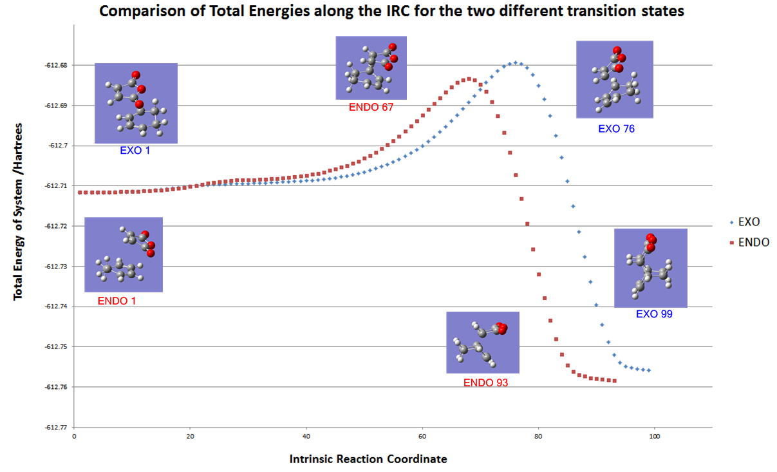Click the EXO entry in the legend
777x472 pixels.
coord(749,222)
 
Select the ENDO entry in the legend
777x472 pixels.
coord(753,243)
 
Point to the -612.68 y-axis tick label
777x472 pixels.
coord(56,65)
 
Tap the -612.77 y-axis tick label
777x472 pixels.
coord(56,427)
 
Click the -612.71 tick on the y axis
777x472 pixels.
coord(56,186)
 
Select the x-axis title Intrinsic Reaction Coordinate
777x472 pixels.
coord(368,459)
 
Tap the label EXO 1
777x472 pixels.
coord(136,151)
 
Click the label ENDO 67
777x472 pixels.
coord(371,108)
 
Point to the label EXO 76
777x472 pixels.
coord(616,128)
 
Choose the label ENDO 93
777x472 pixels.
coord(485,382)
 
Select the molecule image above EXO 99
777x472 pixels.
coord(651,268)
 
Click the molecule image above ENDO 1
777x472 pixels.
coord(124,254)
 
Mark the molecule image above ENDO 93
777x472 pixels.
coord(483,343)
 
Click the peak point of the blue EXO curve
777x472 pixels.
coord(514,62)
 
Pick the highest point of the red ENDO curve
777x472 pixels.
coord(469,79)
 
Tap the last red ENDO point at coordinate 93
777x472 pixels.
coord(615,381)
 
